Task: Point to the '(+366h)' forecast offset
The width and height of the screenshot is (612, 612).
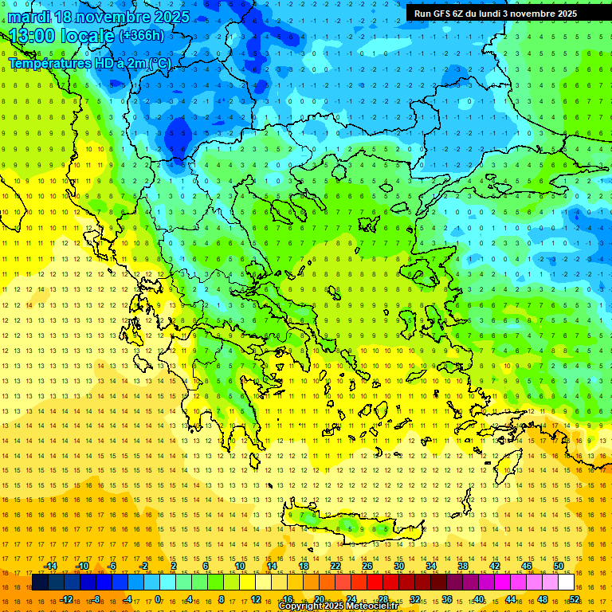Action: click(142, 35)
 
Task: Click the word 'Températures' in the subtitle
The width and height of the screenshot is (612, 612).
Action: click(48, 63)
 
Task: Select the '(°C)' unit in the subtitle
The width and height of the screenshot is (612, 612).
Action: click(159, 63)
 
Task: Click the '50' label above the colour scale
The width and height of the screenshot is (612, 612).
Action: click(558, 566)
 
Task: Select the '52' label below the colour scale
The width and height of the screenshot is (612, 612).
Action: click(575, 599)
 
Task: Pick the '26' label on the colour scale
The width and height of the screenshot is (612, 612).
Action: click(367, 566)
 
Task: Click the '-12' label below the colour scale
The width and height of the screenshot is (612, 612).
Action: click(66, 599)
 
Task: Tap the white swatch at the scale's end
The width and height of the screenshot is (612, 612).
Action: click(566, 583)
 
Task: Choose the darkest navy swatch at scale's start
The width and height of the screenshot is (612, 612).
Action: click(40, 583)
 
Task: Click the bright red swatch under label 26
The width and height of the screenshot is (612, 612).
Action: click(367, 583)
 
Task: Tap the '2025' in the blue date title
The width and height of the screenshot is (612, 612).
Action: click(171, 17)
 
